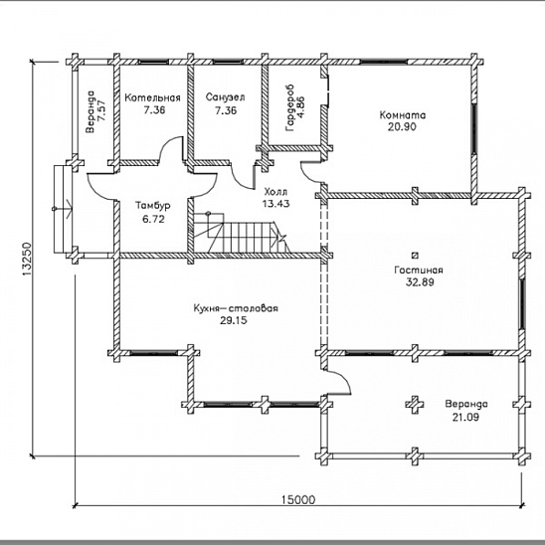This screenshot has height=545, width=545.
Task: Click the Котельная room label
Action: pyautogui.click(x=152, y=97)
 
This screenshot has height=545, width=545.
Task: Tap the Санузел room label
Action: pyautogui.click(x=225, y=97)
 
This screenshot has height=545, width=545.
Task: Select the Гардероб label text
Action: pyautogui.click(x=289, y=107)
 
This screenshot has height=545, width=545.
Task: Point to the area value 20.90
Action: pyautogui.click(x=402, y=127)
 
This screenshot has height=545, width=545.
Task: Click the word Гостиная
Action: pyautogui.click(x=419, y=271)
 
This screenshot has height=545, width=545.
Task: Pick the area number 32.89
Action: pyautogui.click(x=420, y=281)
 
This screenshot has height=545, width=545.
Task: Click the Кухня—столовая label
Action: pyautogui.click(x=236, y=308)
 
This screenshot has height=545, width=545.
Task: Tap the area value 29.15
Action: pyautogui.click(x=234, y=320)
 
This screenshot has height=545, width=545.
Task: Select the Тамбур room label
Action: pyautogui.click(x=153, y=206)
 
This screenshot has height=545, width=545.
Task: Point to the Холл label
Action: pyautogui.click(x=275, y=192)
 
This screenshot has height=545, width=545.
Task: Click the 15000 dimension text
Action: pyautogui.click(x=298, y=500)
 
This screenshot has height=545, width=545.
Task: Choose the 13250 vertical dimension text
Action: pyautogui.click(x=27, y=260)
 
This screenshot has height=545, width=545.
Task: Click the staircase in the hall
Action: pyautogui.click(x=240, y=232)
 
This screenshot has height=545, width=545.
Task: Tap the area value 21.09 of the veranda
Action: pyautogui.click(x=465, y=417)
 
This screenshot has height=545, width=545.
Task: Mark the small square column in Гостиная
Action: pyautogui.click(x=415, y=256)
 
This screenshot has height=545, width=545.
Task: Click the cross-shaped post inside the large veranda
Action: pyautogui.click(x=415, y=404)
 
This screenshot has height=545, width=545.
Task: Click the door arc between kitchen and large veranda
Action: pyautogui.click(x=340, y=381)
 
